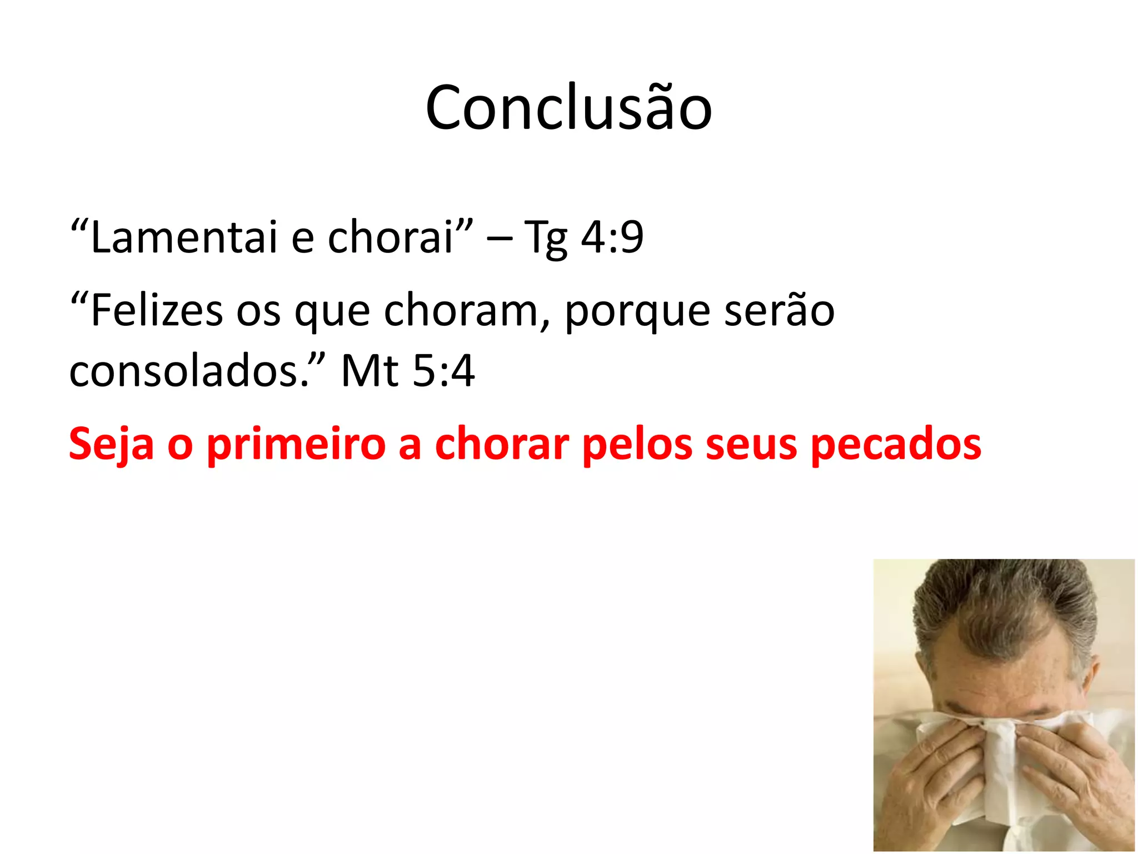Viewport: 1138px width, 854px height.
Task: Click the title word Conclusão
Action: tap(568, 108)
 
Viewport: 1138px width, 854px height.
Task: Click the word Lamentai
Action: tap(183, 237)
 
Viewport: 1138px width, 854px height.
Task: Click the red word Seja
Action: tap(111, 445)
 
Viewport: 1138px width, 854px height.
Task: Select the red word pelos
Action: tap(638, 445)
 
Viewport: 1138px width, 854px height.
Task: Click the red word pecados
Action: tap(896, 445)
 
